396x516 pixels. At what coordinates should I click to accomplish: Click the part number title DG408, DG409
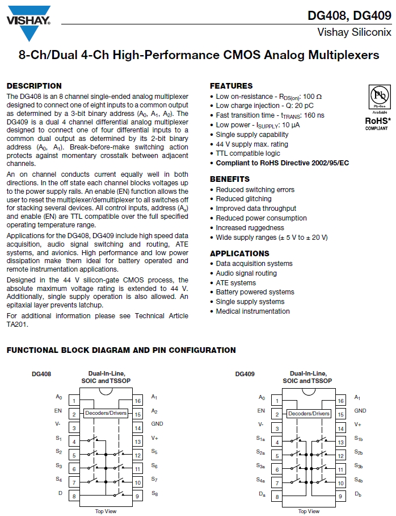349,15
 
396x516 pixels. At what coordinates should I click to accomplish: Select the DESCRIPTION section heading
34,86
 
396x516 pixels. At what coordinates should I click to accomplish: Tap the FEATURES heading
231,86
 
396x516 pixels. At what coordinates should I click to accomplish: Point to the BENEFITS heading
229,179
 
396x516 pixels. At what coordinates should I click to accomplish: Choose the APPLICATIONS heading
239,253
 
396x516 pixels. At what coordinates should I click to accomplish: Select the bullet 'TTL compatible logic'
248,153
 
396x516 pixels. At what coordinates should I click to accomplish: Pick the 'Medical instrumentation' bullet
252,311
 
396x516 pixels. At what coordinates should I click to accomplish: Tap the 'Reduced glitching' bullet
243,199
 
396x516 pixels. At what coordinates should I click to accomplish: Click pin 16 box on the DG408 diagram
137,401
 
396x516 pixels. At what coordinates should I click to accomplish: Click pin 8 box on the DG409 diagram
277,497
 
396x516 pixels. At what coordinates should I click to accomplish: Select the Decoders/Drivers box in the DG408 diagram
106,413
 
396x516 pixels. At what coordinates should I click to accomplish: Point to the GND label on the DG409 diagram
360,410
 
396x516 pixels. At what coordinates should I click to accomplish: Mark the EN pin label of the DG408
58,410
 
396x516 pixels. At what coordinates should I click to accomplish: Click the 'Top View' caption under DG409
309,511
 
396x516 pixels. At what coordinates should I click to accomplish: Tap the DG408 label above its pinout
41,374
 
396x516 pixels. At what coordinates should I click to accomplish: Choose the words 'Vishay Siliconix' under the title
354,32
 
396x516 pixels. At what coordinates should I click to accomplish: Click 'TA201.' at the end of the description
18,324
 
